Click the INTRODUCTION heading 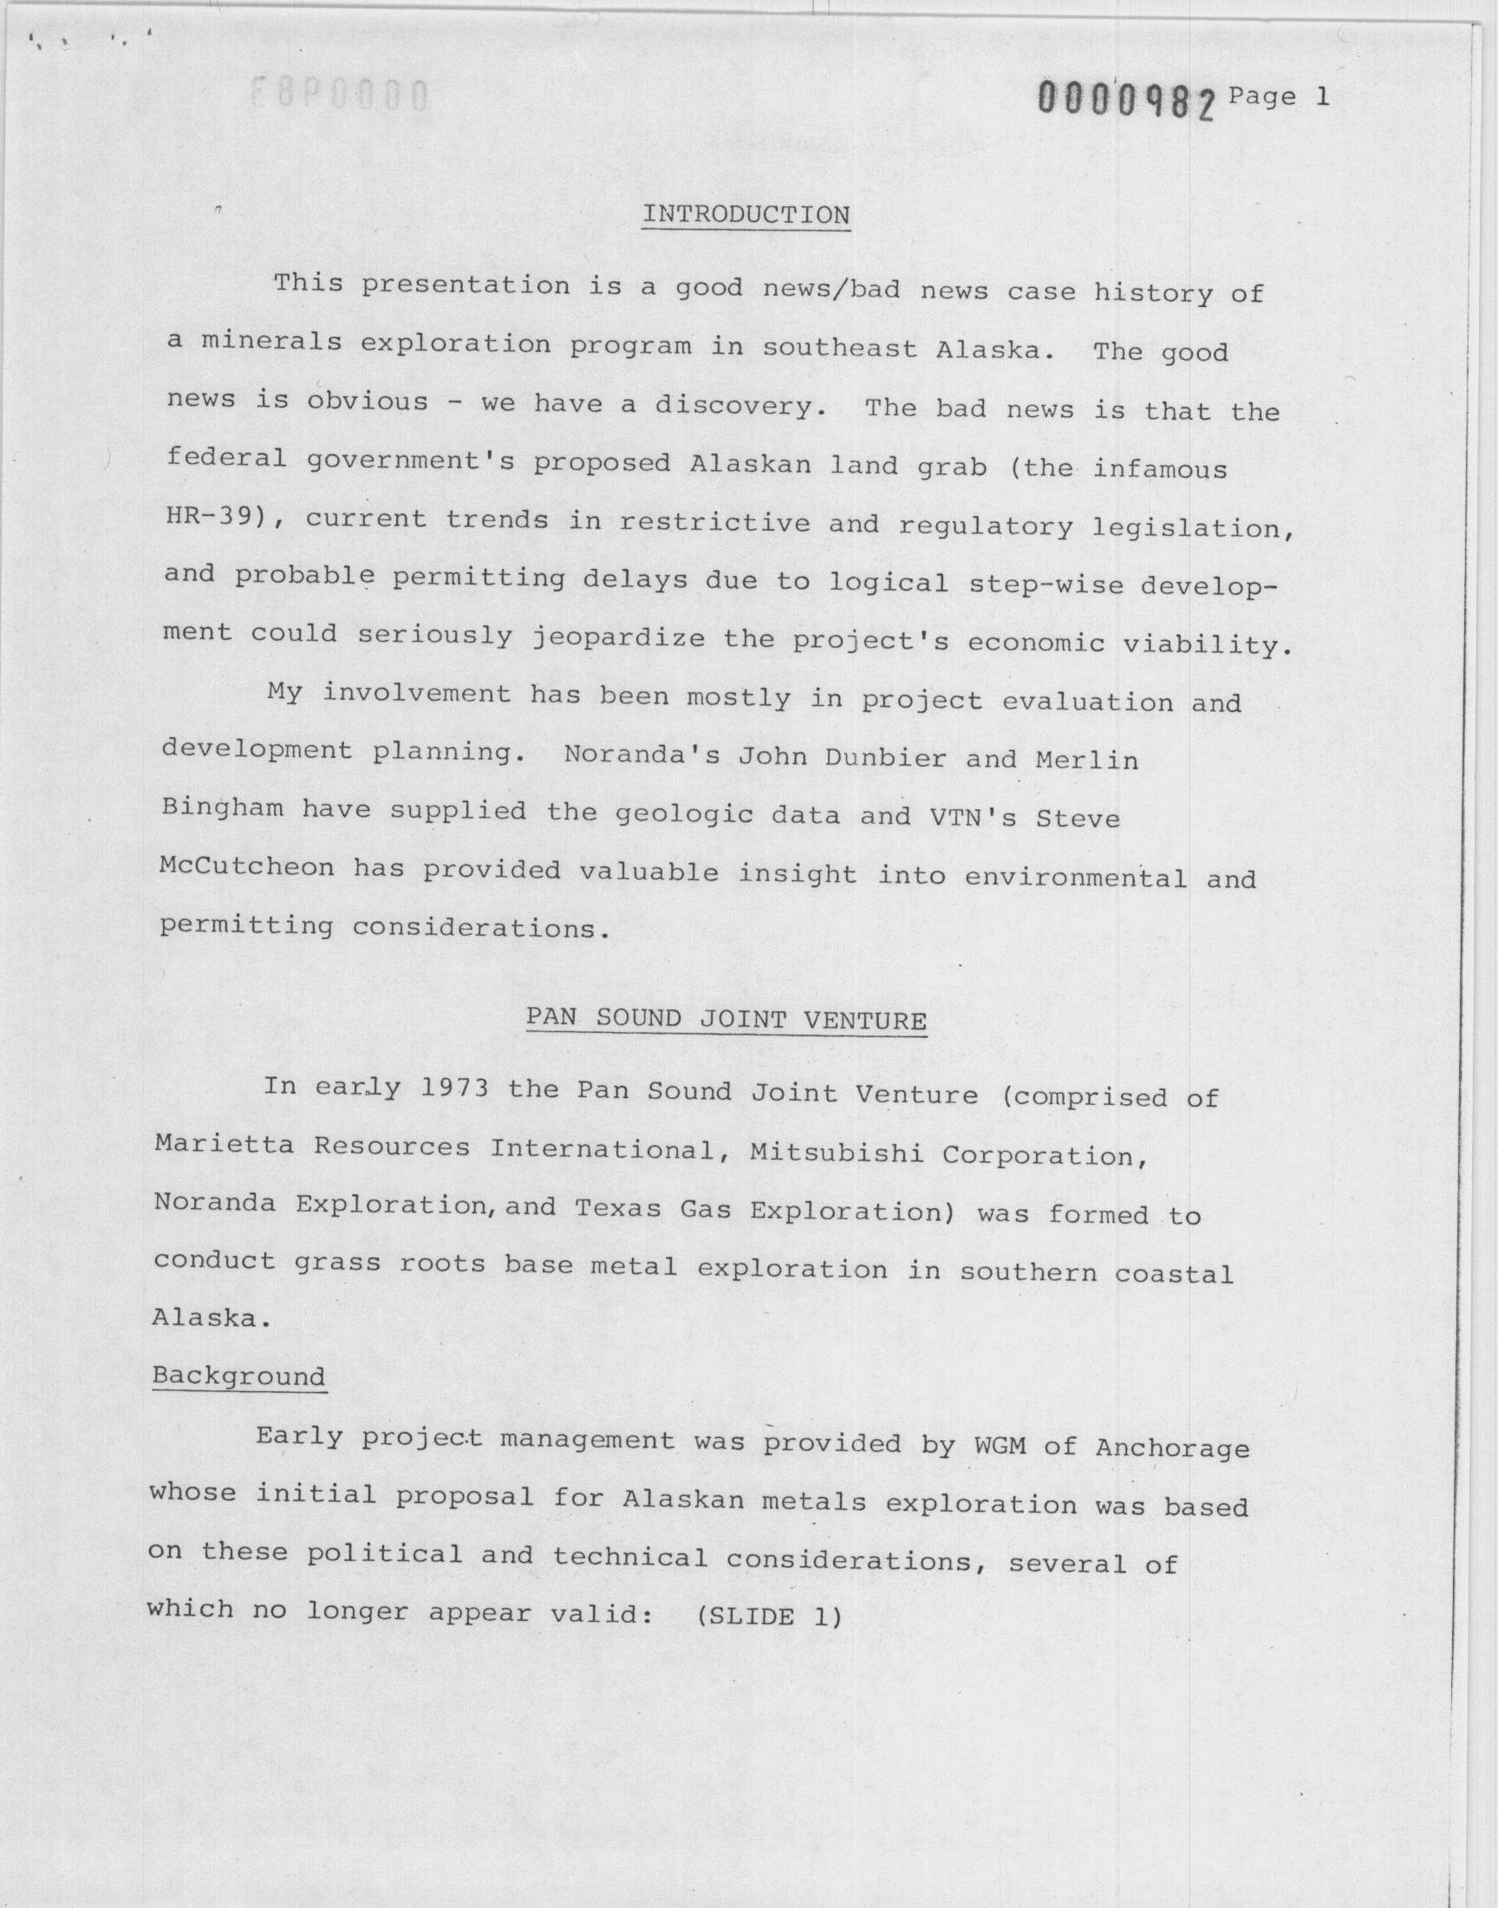(x=746, y=216)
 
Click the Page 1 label (x=1279, y=96)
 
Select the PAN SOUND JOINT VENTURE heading (x=726, y=1019)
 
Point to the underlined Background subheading (x=238, y=1375)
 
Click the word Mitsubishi (x=837, y=1153)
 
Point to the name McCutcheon (x=246, y=866)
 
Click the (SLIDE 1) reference (x=768, y=1616)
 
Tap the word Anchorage (x=1172, y=1447)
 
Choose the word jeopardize (x=618, y=637)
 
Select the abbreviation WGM (x=999, y=1445)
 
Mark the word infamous (x=1159, y=469)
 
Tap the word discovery (x=736, y=405)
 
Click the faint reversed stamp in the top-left (x=340, y=95)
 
